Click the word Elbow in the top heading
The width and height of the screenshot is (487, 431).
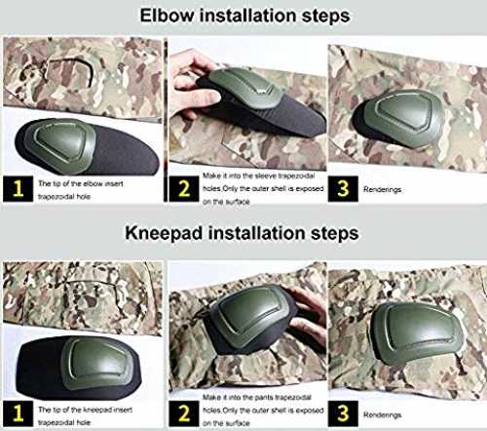coord(167,16)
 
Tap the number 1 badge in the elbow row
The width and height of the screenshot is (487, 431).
coord(18,189)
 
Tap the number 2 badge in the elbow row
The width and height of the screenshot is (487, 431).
coord(184,189)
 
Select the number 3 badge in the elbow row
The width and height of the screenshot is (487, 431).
coord(343,189)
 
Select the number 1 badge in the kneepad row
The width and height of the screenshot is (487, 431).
coord(18,413)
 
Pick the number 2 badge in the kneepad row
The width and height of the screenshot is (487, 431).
coord(184,413)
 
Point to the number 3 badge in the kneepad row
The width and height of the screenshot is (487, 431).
coord(343,413)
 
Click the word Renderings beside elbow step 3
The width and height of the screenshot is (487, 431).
coord(382,189)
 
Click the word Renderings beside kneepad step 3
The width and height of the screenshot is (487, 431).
coord(382,415)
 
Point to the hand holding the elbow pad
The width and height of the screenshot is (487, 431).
coord(192,85)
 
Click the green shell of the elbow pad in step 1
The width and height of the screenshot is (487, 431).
coord(61,141)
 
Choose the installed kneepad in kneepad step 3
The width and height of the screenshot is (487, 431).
coord(416,334)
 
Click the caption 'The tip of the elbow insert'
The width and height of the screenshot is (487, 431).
coord(81,183)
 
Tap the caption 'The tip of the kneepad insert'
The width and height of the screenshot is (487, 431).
coord(85,410)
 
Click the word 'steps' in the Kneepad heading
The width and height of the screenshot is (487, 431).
coord(335,234)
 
